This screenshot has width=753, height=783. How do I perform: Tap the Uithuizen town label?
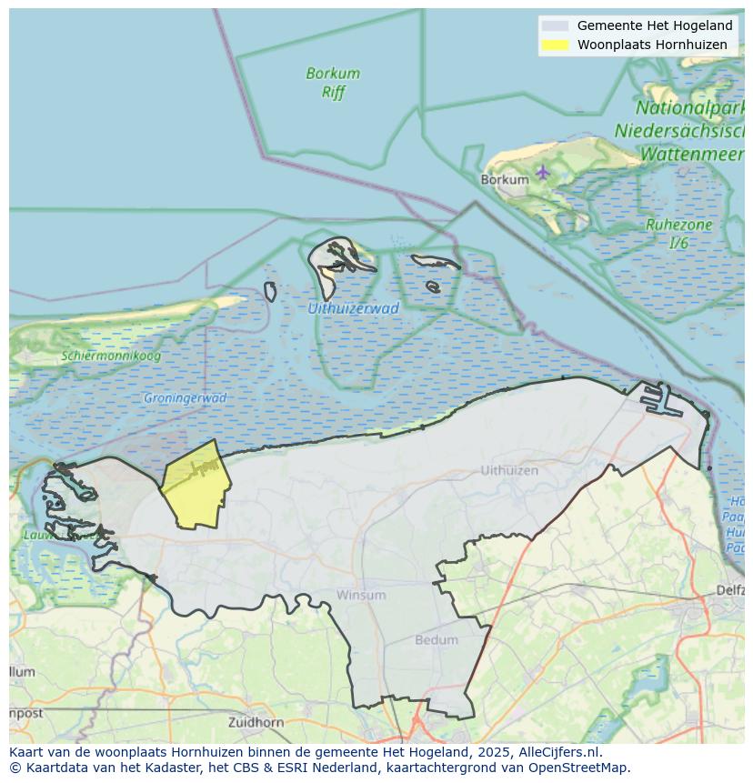509,470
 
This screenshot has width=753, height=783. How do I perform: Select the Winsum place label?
361,595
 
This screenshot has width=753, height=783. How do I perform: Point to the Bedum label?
437,639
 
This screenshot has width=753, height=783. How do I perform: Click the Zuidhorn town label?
256,722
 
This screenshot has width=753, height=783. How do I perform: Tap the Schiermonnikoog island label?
111,356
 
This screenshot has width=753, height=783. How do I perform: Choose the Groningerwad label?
185,397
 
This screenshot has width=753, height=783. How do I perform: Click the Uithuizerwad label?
353,308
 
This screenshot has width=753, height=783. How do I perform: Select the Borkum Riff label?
333,82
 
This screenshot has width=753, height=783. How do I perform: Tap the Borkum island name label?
504,179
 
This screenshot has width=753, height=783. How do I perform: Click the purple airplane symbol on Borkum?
543,171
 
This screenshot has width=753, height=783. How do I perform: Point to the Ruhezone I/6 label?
678,234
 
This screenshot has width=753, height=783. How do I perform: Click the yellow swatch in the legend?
555,45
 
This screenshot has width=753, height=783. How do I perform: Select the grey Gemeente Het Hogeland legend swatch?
555,25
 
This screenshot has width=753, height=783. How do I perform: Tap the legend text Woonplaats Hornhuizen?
652,45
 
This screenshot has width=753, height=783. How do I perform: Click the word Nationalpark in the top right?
691,111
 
